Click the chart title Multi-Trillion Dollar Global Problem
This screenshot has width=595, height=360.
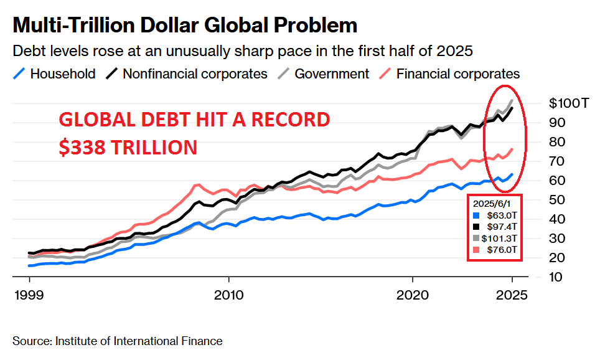tap(185, 25)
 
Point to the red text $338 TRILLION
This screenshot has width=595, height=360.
tap(128, 147)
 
